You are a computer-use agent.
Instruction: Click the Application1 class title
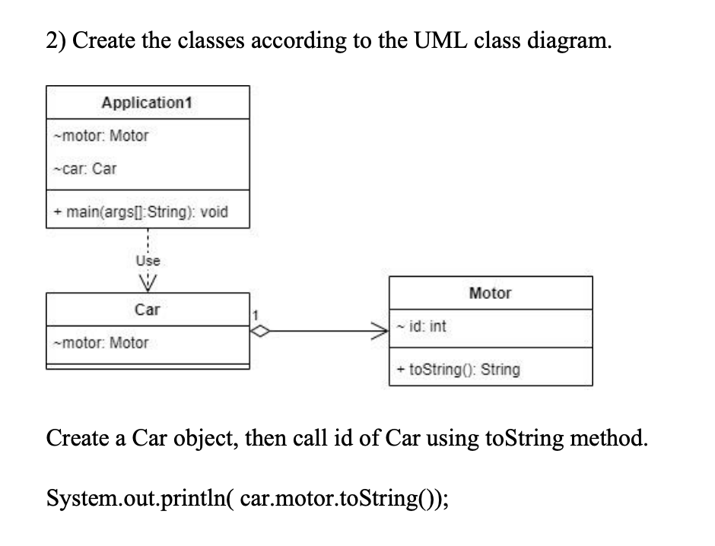point(148,103)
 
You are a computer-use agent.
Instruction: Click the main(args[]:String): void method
point(140,211)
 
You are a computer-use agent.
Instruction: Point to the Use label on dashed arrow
point(147,261)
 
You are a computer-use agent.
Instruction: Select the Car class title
point(148,310)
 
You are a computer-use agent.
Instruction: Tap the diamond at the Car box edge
point(261,332)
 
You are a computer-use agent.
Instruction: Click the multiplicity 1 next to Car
point(256,313)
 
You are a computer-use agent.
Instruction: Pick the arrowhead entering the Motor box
point(381,332)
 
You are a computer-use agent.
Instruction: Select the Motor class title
point(491,294)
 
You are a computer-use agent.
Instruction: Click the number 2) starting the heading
point(55,41)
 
